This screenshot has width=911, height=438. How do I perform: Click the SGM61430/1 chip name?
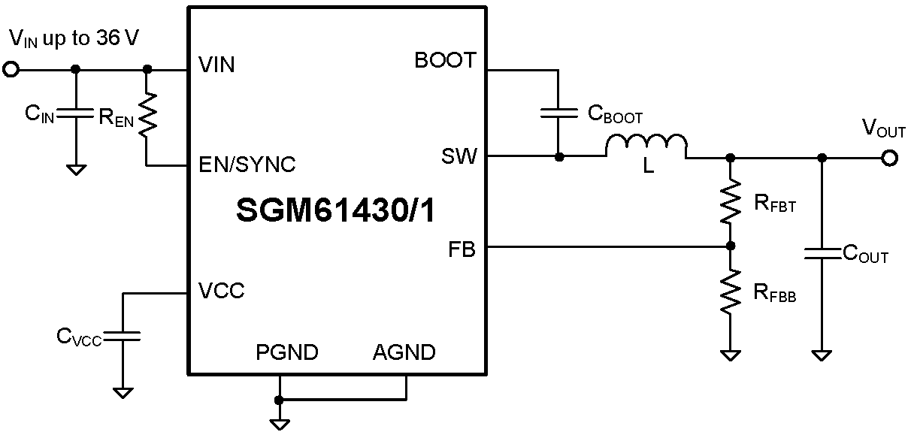point(335,211)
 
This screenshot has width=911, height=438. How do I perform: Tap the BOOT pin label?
point(445,61)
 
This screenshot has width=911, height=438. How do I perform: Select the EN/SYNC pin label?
point(247,165)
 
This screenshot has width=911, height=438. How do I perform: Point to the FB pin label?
point(463,249)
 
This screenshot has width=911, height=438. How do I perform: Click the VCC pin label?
point(221,291)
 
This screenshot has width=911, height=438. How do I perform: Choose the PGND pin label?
point(286,352)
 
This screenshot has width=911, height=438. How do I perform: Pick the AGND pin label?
point(404,352)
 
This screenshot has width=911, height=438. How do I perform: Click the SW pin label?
point(459,157)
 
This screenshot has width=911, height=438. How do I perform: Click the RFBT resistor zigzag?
point(730,201)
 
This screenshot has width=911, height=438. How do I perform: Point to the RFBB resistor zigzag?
point(730,293)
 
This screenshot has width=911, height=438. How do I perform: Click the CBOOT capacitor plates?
point(558,113)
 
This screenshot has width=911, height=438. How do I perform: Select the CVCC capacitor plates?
point(123,336)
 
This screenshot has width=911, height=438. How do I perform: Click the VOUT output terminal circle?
point(890,158)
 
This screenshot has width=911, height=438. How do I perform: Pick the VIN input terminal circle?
point(11,69)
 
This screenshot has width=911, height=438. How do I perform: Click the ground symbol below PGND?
point(280,424)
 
